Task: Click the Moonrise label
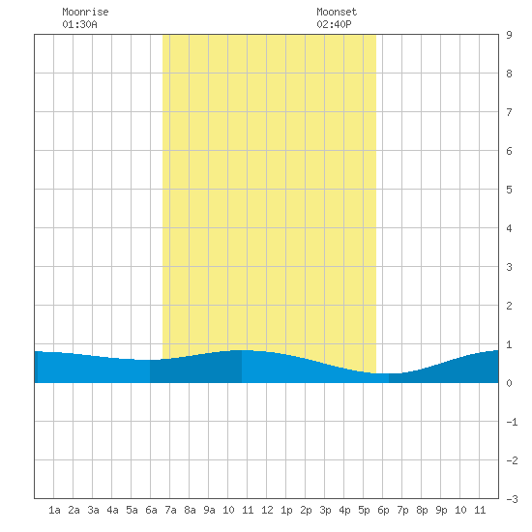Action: point(85,12)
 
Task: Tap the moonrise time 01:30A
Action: point(79,24)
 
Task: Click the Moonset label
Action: point(337,12)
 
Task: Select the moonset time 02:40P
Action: point(334,24)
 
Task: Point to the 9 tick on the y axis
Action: point(509,35)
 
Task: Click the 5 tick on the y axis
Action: point(509,190)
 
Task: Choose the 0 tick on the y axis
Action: point(509,383)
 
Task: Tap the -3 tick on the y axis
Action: point(512,499)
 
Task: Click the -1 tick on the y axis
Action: point(512,422)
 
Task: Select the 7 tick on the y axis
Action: point(509,112)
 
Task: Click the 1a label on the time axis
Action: point(54,510)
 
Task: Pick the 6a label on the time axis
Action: point(151,510)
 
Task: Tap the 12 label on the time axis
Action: point(267,510)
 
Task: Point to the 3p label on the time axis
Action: point(325,510)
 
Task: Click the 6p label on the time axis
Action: point(383,510)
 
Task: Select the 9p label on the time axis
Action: point(441,510)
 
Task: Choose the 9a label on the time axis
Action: point(209,510)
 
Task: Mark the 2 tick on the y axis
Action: point(509,306)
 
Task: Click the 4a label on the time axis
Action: point(112,510)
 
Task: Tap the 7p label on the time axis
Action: point(402,510)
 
